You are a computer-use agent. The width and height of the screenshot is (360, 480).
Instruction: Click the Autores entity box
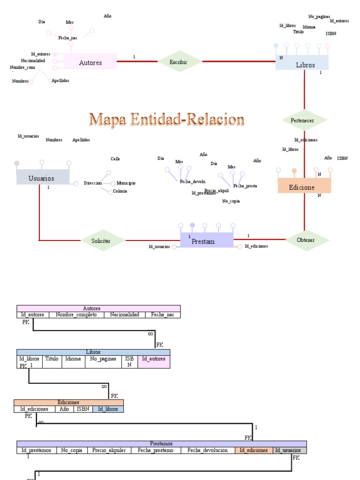90,62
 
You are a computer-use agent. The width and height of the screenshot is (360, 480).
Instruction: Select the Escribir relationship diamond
178,61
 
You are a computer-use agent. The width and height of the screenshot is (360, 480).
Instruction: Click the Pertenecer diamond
304,120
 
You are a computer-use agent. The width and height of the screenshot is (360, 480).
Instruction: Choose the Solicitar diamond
101,240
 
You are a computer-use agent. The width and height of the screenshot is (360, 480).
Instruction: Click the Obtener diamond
306,240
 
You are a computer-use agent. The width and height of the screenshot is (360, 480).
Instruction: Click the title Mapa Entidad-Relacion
167,120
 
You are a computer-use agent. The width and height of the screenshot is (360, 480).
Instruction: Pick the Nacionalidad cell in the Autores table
125,315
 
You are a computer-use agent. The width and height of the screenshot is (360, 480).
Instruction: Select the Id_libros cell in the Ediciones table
108,409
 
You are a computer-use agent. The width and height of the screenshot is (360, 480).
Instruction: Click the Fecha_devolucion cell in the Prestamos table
207,450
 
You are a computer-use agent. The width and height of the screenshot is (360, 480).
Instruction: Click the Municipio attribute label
126,183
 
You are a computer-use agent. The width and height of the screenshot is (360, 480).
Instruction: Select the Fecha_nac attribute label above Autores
68,37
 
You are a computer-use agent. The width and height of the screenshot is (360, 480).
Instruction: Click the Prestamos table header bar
161,443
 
